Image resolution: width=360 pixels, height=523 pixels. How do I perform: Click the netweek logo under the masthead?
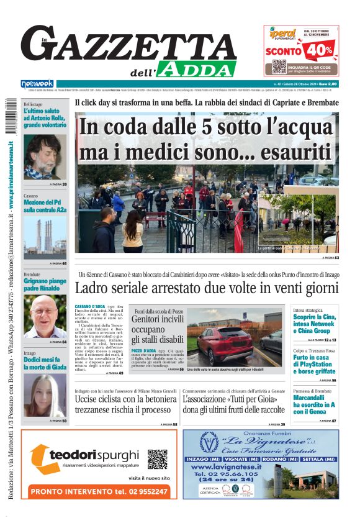(x=37, y=84)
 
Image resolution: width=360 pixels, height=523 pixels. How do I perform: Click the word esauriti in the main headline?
(x=277, y=153)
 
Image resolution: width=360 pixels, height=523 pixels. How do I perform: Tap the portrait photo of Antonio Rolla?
(x=45, y=157)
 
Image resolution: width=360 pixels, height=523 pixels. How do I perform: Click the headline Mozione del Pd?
(x=45, y=207)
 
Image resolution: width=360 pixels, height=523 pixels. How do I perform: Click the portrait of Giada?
(x=45, y=396)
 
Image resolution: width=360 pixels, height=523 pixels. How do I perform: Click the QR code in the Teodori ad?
(x=158, y=459)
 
